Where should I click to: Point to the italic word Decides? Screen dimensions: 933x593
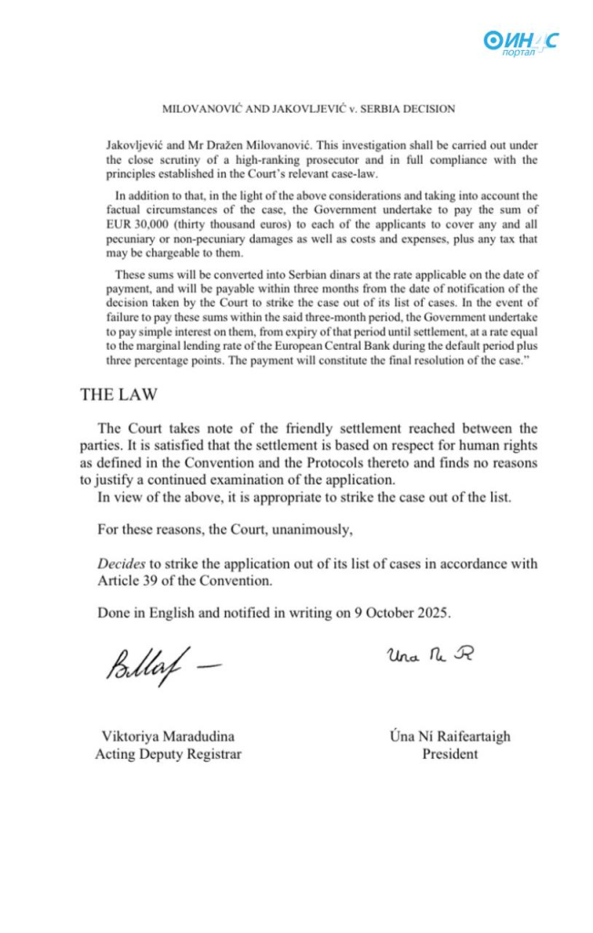pyautogui.click(x=119, y=563)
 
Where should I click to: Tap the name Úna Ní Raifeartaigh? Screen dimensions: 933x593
pyautogui.click(x=449, y=737)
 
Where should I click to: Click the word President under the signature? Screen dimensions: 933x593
pyautogui.click(x=449, y=755)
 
